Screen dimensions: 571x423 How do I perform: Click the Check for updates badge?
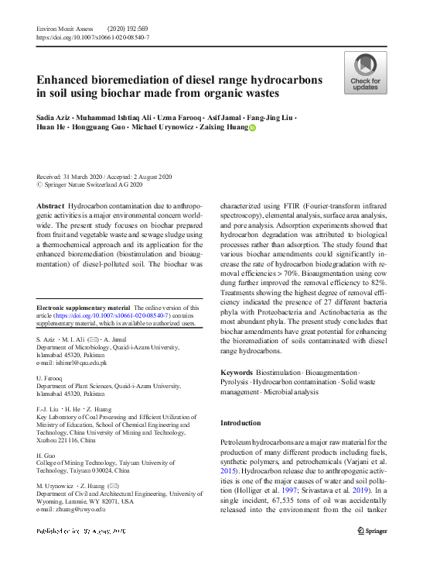pos(365,73)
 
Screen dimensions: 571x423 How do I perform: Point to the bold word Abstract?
pos(50,206)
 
